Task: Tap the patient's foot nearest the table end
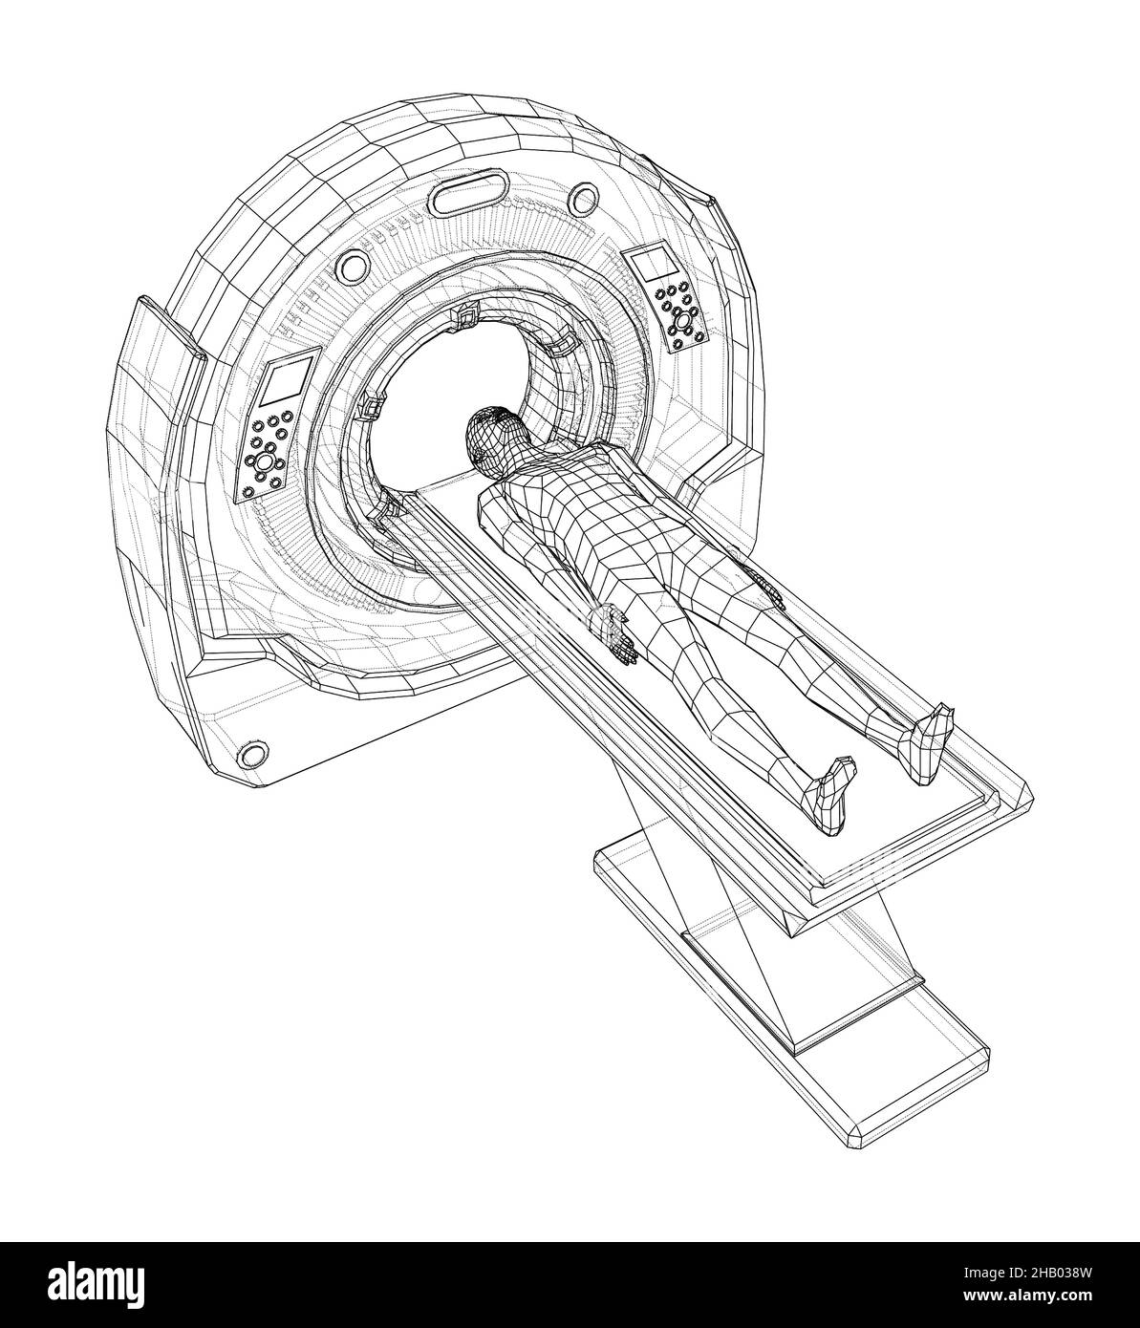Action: pos(833,797)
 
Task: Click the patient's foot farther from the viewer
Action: pos(932,743)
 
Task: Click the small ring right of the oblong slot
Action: pos(585,199)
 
